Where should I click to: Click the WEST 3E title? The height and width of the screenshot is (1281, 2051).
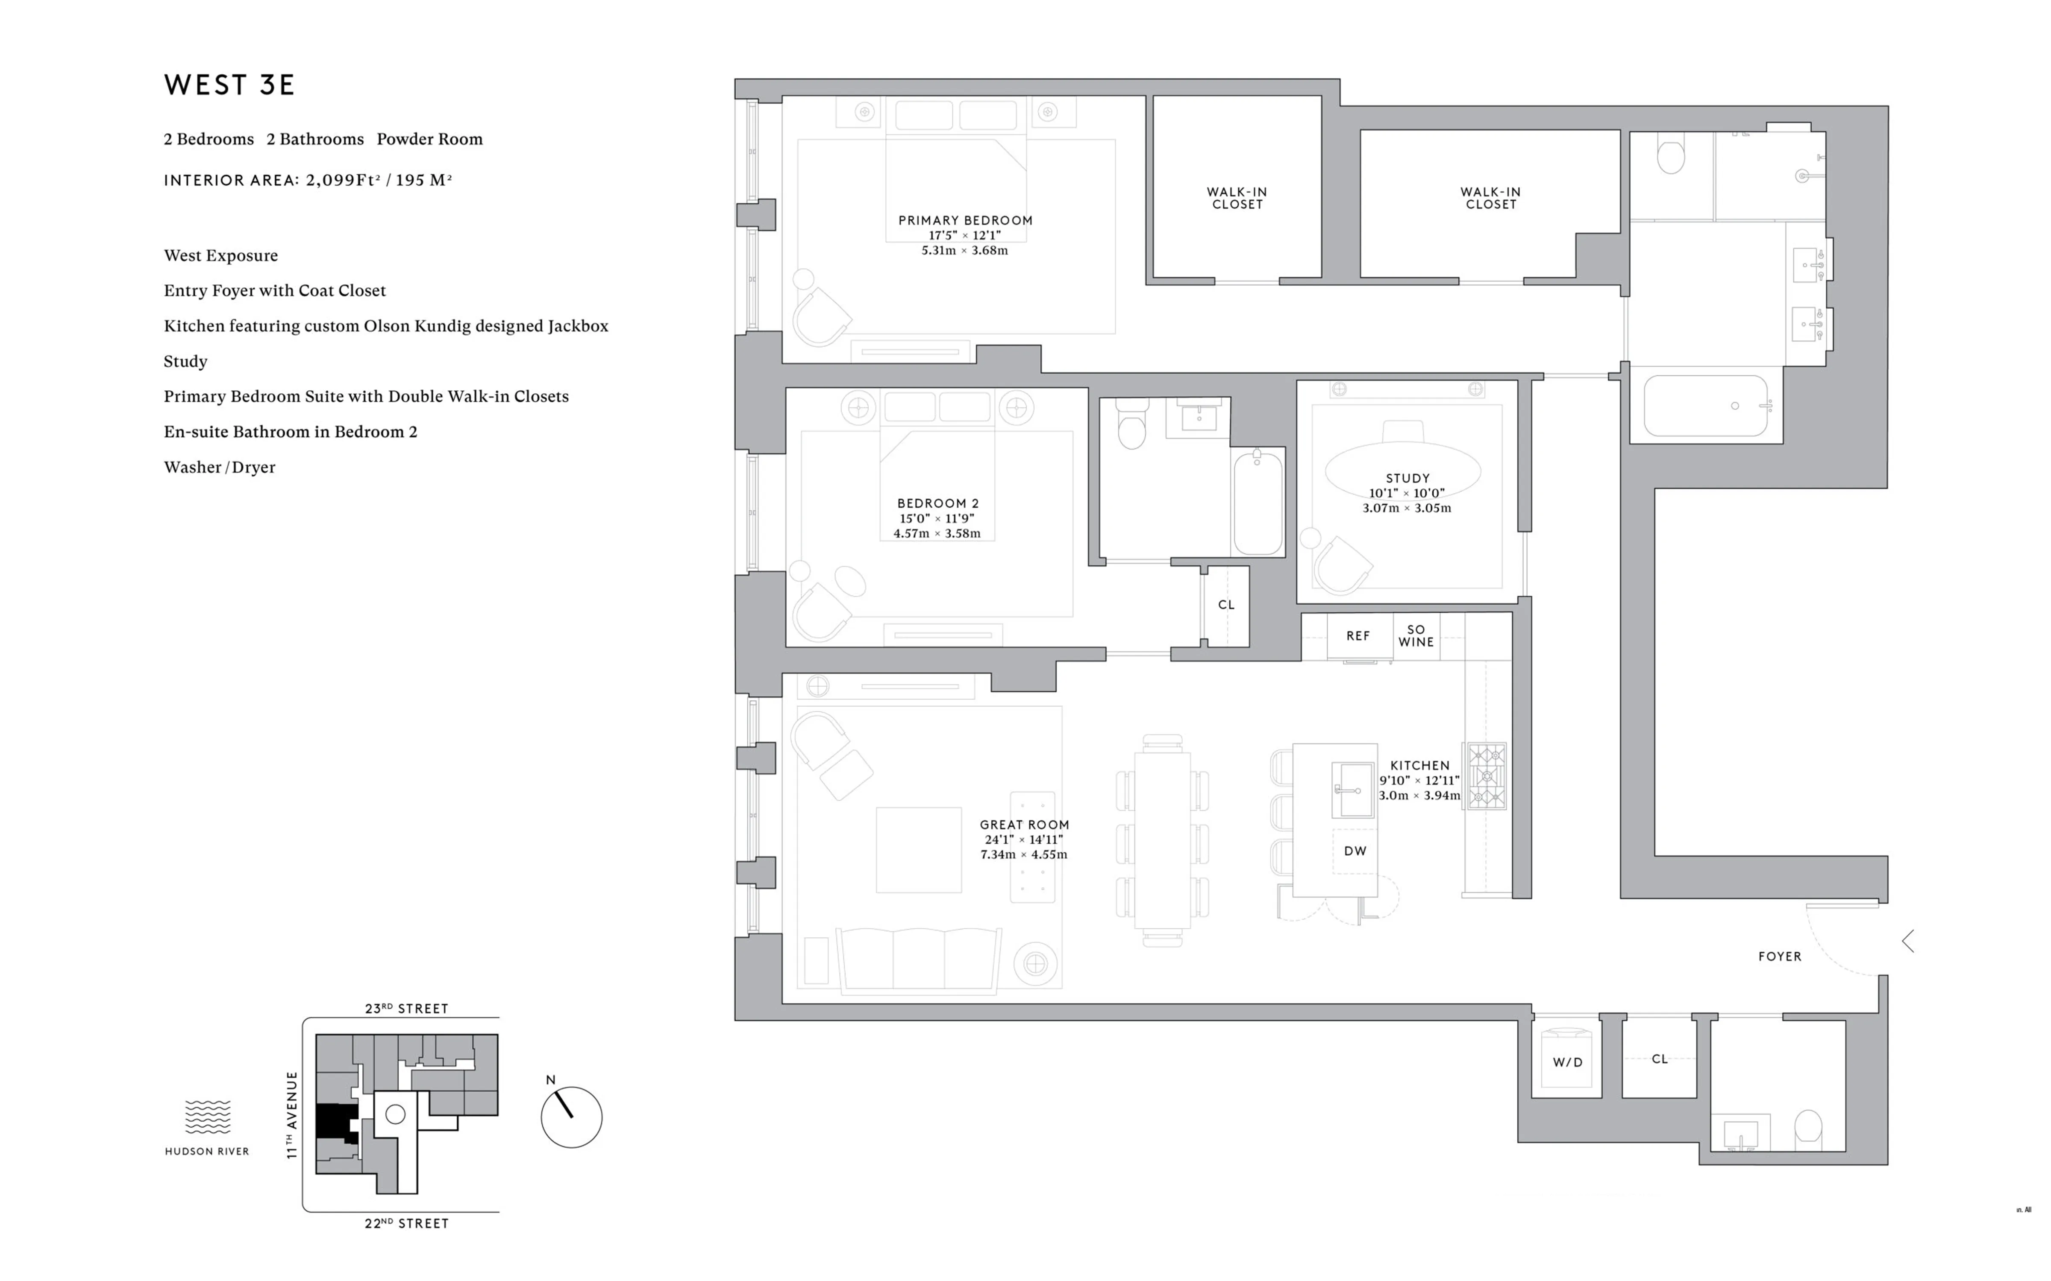pos(229,85)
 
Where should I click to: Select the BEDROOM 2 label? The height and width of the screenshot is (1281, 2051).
pos(937,503)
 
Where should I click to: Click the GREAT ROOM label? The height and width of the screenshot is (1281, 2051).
pos(1024,825)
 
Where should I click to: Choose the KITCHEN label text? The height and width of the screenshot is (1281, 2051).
pos(1419,765)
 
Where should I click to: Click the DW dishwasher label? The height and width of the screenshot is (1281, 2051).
pos(1355,851)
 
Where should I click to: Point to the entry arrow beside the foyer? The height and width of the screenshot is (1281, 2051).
pos(1908,941)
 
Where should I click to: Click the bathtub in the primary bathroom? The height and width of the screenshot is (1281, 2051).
pos(1705,406)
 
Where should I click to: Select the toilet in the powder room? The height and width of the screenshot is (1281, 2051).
pos(1808,1127)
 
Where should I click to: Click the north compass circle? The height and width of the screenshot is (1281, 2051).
pos(571,1117)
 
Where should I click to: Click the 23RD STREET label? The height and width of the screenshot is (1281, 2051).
pos(406,1008)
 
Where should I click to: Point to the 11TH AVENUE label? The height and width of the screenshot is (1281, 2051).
pos(291,1114)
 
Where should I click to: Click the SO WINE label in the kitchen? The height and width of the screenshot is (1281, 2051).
pos(1415,635)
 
